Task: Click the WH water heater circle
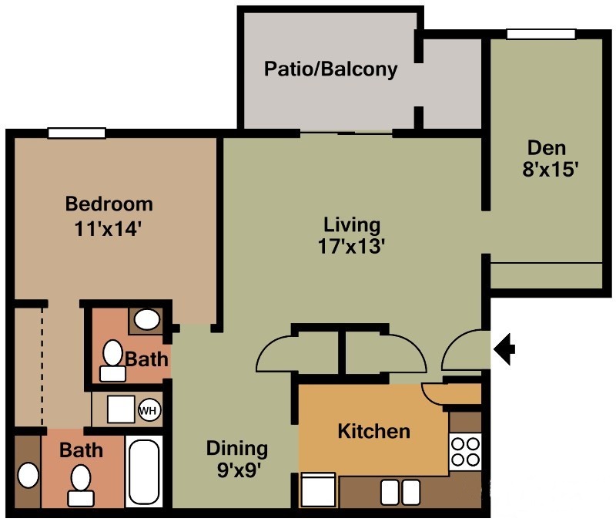pyautogui.click(x=149, y=410)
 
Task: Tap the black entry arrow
pyautogui.click(x=504, y=349)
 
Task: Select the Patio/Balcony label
pyautogui.click(x=331, y=69)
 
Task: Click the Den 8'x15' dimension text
pyautogui.click(x=550, y=170)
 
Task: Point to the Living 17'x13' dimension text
pyautogui.click(x=351, y=247)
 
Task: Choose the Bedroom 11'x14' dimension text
pyautogui.click(x=108, y=228)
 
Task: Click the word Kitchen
pyautogui.click(x=374, y=431)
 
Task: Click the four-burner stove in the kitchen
pyautogui.click(x=465, y=452)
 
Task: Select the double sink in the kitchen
pyautogui.click(x=400, y=492)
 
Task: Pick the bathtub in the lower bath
pyautogui.click(x=144, y=472)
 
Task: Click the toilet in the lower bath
pyautogui.click(x=81, y=485)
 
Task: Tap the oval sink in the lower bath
pyautogui.click(x=28, y=475)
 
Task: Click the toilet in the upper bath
pyautogui.click(x=112, y=360)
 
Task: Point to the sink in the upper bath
pyautogui.click(x=147, y=319)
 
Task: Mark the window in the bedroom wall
pyautogui.click(x=76, y=133)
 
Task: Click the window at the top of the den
pyautogui.click(x=541, y=34)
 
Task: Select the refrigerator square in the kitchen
pyautogui.click(x=318, y=490)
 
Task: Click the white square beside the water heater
pyautogui.click(x=121, y=409)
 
